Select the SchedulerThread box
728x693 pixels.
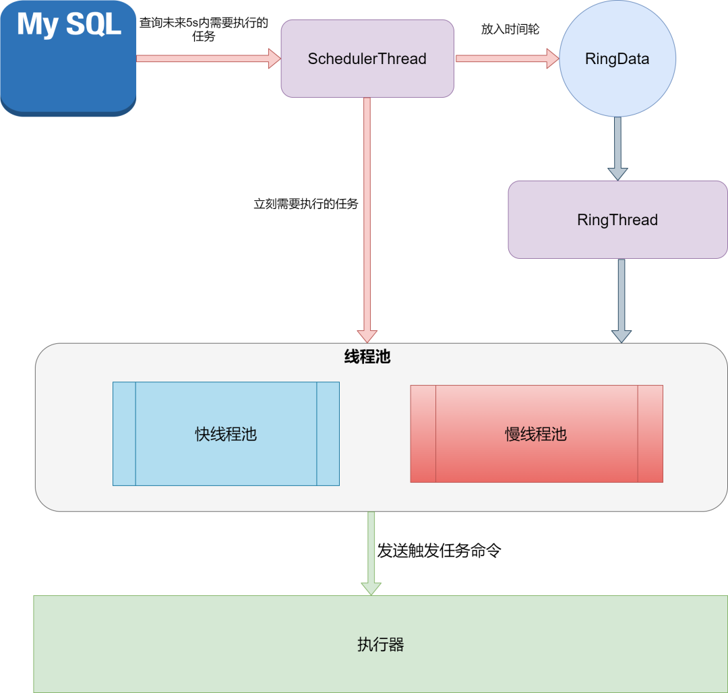(367, 59)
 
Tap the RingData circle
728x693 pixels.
(617, 59)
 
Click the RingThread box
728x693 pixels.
(617, 220)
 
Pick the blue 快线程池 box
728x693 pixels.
(226, 434)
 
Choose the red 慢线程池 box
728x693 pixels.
(536, 434)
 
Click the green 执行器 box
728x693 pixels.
(380, 644)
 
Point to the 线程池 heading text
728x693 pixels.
(367, 357)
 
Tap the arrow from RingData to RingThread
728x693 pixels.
(617, 148)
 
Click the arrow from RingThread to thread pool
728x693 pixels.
(621, 300)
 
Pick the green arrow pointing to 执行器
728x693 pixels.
(371, 553)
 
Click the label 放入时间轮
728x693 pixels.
(510, 30)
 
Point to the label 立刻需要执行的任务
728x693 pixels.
(305, 204)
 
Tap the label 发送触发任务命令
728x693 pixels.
(439, 551)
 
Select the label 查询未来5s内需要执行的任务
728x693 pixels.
(204, 29)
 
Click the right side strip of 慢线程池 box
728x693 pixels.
(650, 434)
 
